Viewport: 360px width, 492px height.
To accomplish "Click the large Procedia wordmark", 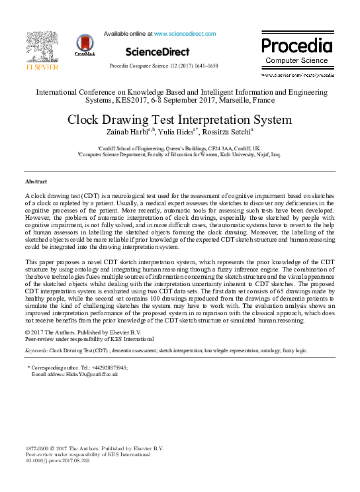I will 296,46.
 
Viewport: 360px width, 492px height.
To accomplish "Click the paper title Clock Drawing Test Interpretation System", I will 179,120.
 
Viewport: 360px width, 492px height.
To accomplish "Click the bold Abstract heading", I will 36,181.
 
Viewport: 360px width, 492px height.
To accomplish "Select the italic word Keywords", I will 36,349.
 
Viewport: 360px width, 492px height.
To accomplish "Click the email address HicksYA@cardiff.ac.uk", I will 88,374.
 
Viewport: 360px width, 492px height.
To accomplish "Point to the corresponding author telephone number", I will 105,367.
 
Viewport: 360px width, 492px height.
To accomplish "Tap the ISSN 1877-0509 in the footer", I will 39,448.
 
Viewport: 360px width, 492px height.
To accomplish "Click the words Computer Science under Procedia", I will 296,61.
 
